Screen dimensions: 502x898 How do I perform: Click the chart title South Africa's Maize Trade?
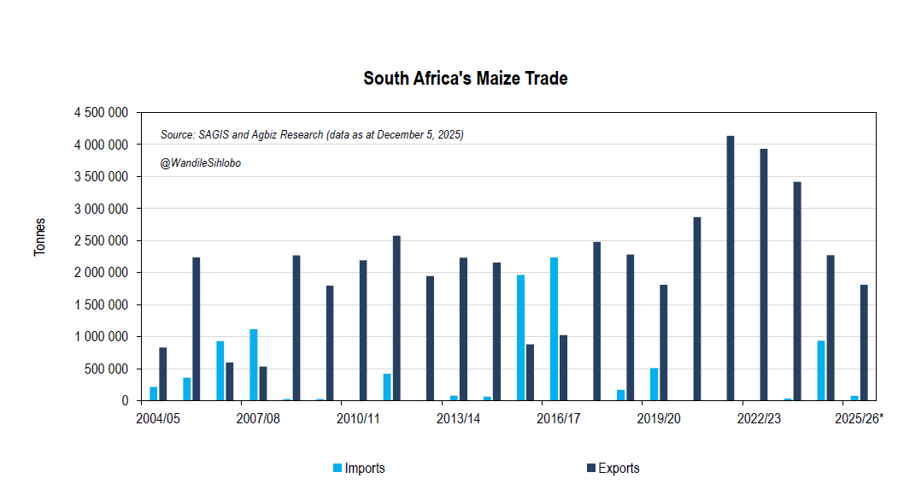pyautogui.click(x=465, y=79)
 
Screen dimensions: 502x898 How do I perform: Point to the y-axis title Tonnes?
pyautogui.click(x=39, y=237)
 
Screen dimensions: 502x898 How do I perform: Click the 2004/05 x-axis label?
pyautogui.click(x=158, y=418)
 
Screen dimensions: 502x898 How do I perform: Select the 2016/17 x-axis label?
pyautogui.click(x=559, y=418)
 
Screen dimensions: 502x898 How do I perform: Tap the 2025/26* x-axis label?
pyautogui.click(x=859, y=418)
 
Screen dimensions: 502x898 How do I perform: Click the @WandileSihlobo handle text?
pyautogui.click(x=200, y=163)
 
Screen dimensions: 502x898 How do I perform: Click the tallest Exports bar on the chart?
pyautogui.click(x=731, y=268)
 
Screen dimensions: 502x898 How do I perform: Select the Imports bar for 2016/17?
pyautogui.click(x=554, y=328)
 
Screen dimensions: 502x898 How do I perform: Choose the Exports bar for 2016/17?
pyautogui.click(x=563, y=368)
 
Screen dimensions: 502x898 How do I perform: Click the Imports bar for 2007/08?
pyautogui.click(x=254, y=364)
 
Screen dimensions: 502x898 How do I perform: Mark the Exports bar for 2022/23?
pyautogui.click(x=764, y=275)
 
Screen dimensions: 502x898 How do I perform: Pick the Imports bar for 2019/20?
pyautogui.click(x=654, y=384)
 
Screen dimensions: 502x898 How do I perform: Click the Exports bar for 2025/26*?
pyautogui.click(x=864, y=342)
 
